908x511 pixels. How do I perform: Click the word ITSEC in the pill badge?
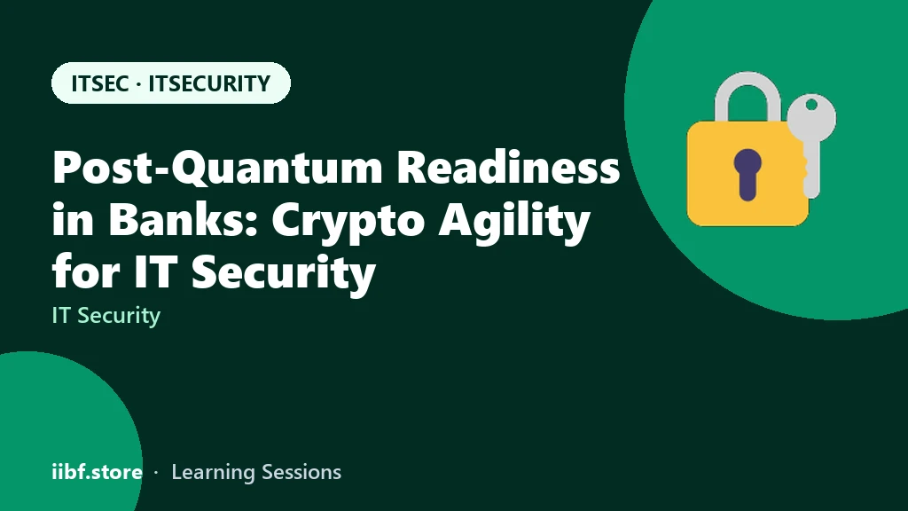click(x=99, y=83)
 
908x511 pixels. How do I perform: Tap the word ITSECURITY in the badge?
click(x=209, y=83)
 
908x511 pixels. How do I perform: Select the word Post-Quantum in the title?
click(x=218, y=168)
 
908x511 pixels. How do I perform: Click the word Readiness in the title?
click(x=508, y=167)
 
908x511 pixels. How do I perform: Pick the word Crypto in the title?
click(x=348, y=222)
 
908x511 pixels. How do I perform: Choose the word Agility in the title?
click(x=515, y=222)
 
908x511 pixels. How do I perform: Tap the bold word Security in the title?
click(x=284, y=274)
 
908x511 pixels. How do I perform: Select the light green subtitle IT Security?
click(x=106, y=316)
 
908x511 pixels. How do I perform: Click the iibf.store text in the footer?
click(x=98, y=472)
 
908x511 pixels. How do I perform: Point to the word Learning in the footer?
click(x=214, y=473)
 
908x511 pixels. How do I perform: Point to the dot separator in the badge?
click(x=138, y=84)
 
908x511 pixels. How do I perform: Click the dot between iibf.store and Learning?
click(x=156, y=474)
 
